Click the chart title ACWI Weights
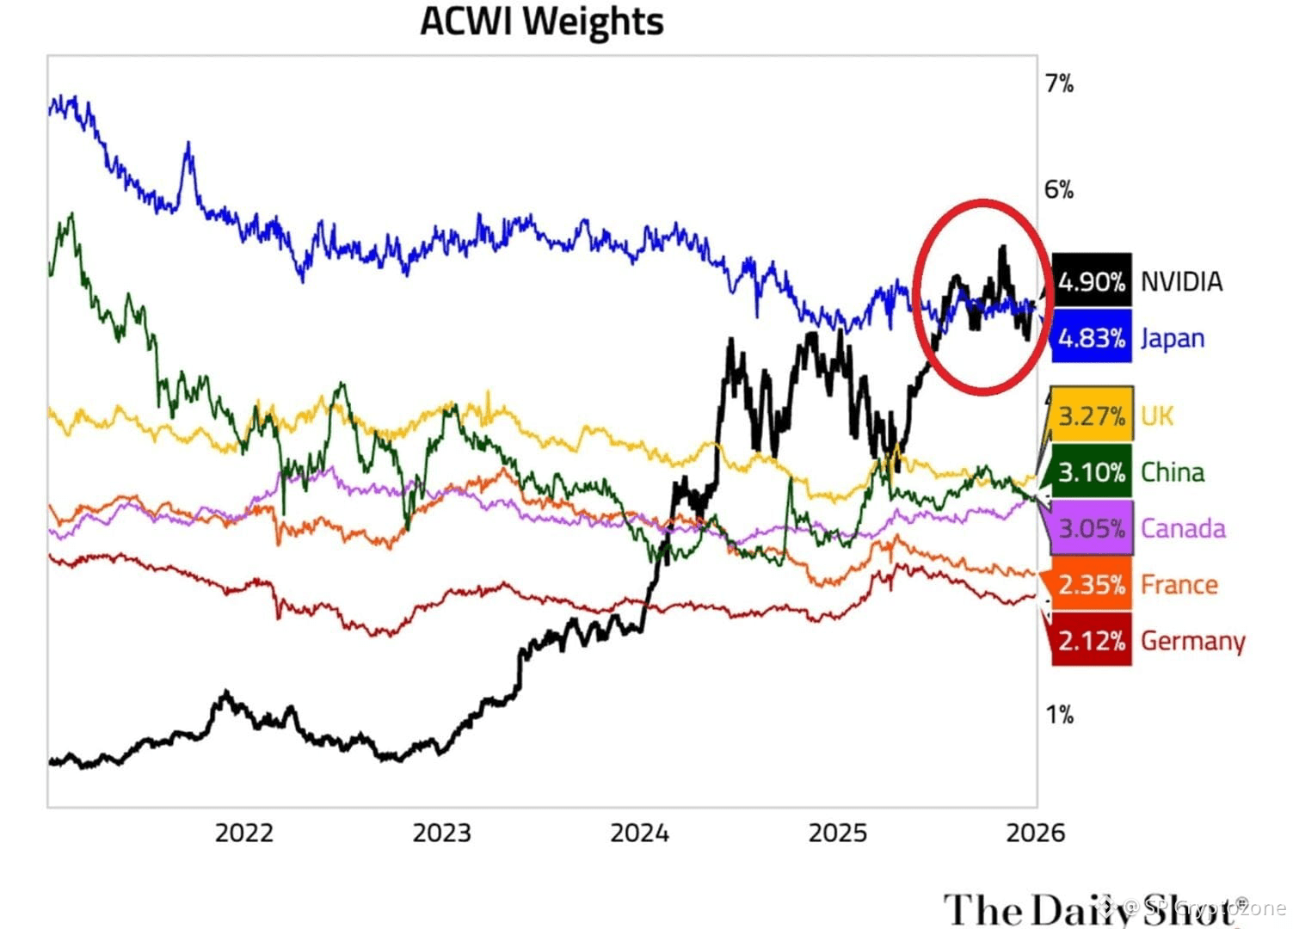tap(541, 22)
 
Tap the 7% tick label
tap(1059, 83)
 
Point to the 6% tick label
tap(1059, 189)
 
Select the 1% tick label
tap(1059, 715)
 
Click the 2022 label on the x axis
tap(243, 833)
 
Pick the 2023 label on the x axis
tap(441, 833)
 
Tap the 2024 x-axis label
tap(639, 833)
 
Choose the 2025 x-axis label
tap(838, 833)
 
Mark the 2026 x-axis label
tap(1035, 833)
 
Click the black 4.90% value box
tap(1091, 281)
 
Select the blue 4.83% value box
tap(1091, 338)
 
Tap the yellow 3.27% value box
tap(1091, 416)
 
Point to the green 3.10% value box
tap(1091, 472)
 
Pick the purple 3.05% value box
tap(1091, 528)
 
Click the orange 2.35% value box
tap(1091, 585)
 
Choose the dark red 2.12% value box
tap(1091, 641)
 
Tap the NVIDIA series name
tap(1181, 281)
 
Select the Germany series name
tap(1192, 642)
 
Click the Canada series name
tap(1183, 528)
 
